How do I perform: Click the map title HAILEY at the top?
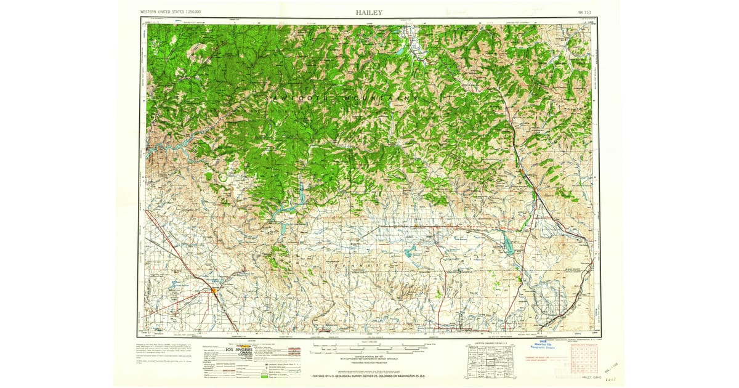pos(368,12)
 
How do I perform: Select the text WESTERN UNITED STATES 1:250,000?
pos(174,12)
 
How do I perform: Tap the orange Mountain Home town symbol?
pos(213,289)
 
